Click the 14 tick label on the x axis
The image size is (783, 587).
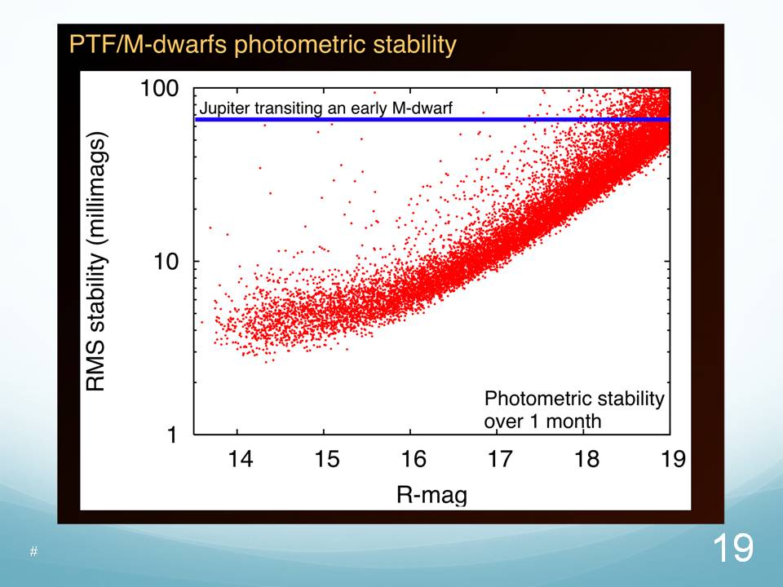(x=239, y=458)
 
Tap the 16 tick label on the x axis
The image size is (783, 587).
(x=413, y=458)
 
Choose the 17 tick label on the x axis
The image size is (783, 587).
(x=499, y=458)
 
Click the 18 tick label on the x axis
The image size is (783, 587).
(x=586, y=458)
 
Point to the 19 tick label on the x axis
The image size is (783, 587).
(x=671, y=458)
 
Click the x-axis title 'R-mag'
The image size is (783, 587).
(x=431, y=494)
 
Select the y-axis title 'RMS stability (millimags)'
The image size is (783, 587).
(x=97, y=261)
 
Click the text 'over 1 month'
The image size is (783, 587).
(x=542, y=421)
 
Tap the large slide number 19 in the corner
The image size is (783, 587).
(x=732, y=548)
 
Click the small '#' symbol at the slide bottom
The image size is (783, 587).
(x=34, y=552)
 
